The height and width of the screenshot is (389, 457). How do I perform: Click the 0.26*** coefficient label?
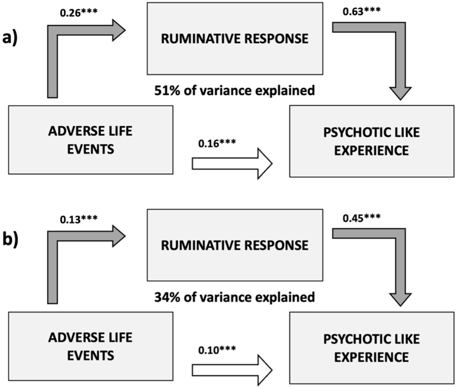coord(78,13)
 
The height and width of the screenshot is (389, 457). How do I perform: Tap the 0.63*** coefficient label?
coord(361,11)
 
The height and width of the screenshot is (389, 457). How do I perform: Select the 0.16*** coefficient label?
coord(217,143)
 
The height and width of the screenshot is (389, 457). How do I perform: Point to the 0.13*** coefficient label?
coord(78,219)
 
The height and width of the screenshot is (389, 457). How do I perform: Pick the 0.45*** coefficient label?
coord(361,218)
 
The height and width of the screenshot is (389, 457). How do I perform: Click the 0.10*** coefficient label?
coord(217,350)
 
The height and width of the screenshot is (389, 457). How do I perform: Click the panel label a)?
coord(10,38)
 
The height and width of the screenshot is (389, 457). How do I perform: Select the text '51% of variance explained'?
coord(234,91)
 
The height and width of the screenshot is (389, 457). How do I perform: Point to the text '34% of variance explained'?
coord(234,297)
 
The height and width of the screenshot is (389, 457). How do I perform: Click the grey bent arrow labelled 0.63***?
coord(400,58)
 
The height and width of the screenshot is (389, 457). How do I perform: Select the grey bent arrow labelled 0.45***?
coord(400,264)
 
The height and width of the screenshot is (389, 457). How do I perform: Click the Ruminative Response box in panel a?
coord(235,39)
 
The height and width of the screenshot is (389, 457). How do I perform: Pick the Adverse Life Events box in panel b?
coord(91,346)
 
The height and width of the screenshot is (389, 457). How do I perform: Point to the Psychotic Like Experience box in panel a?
coord(372,141)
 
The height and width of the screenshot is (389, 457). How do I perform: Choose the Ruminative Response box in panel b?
coord(235,245)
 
